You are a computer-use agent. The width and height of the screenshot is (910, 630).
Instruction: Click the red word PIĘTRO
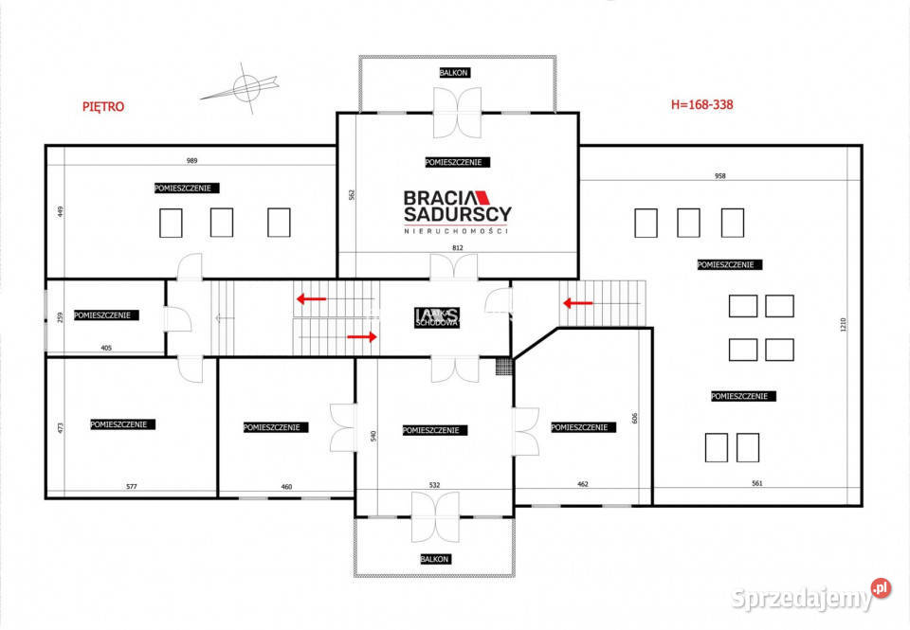click(x=103, y=107)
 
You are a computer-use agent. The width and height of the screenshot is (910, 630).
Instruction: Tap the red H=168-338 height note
click(x=701, y=105)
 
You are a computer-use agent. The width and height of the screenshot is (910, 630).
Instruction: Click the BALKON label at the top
click(x=454, y=73)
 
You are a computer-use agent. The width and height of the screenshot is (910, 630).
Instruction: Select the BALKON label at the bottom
click(x=435, y=559)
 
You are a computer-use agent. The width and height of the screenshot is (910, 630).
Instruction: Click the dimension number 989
click(x=192, y=161)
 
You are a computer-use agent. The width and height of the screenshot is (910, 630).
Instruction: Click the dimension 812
click(x=458, y=248)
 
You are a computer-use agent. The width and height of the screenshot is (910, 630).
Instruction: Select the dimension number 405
click(x=106, y=349)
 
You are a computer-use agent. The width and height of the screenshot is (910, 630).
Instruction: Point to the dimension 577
click(x=131, y=487)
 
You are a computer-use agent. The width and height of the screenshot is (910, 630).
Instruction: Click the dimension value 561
click(x=757, y=484)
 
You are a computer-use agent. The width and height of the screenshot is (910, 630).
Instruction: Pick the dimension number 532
click(x=434, y=485)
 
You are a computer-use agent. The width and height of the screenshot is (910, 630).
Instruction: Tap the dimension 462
click(x=582, y=484)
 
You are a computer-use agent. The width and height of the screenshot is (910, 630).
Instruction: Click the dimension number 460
click(x=286, y=487)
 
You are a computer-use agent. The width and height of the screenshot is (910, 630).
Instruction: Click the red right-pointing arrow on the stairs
click(x=362, y=335)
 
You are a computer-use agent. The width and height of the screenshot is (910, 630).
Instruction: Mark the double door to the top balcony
click(x=458, y=113)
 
